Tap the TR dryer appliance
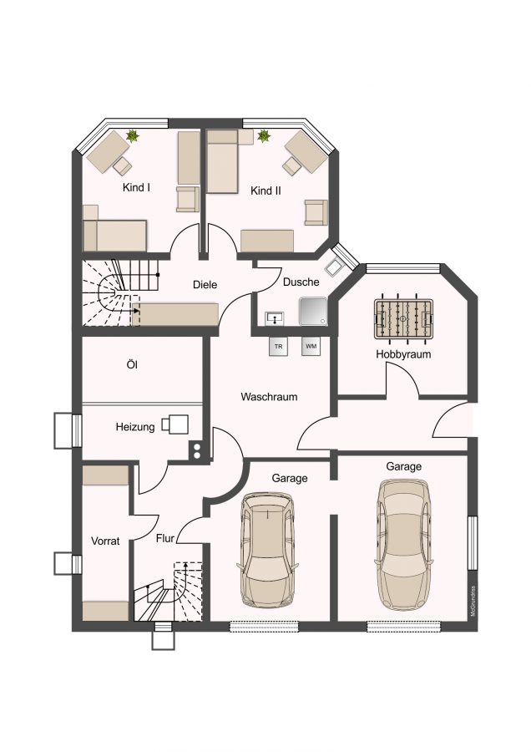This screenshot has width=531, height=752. pos(278,347)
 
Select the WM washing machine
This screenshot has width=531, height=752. pos(311,346)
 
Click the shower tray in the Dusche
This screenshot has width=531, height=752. pos(313,311)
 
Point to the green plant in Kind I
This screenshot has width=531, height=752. pos(132,136)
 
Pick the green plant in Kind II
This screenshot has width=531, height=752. pos(264,136)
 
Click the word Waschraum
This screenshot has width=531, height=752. pos(269,397)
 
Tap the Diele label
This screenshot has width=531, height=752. pos(205,285)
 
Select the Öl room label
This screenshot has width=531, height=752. pos(132,365)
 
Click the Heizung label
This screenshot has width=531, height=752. pos(135,427)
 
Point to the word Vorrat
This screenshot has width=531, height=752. pos(105,541)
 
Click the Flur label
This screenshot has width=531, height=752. pos(164,539)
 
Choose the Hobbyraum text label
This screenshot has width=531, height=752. pos(403,354)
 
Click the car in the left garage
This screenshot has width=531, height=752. pos(267,550)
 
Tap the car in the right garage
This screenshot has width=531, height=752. pos(404,544)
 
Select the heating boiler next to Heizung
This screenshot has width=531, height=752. pos(175,424)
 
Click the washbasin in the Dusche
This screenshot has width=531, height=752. pos(274,318)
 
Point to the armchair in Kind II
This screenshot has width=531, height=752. pos(316,212)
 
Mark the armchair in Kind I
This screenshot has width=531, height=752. pos(187,199)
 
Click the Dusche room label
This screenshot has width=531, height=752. pos(301,282)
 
